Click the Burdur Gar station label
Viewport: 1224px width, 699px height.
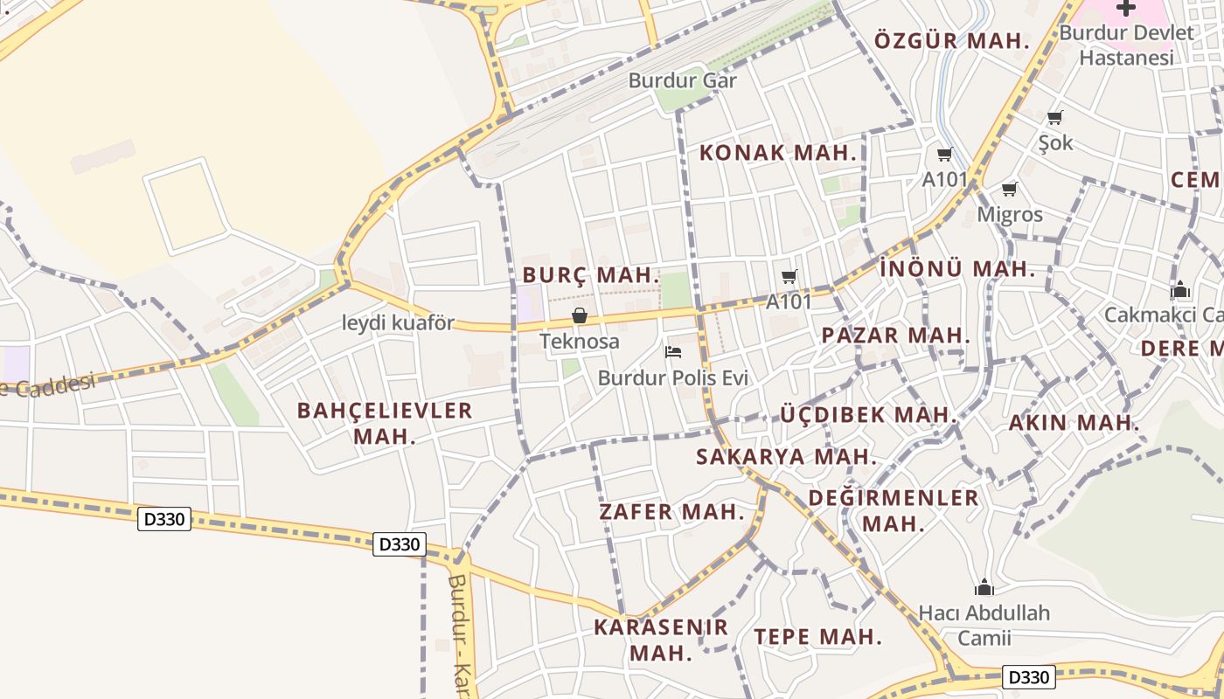coord(683,80)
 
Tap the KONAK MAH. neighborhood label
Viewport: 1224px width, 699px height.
coord(777,153)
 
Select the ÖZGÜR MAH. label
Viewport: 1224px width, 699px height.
coord(951,41)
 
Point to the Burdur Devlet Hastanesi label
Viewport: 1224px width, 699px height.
coord(1126,45)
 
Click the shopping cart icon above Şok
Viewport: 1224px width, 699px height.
coord(1055,117)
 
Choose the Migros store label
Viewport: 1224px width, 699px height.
coord(1010,214)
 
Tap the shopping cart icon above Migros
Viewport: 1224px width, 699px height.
coord(1010,189)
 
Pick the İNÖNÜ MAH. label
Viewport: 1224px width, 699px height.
coord(957,269)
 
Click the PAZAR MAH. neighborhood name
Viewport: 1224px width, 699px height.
coord(896,335)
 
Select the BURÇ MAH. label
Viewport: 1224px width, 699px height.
coord(591,274)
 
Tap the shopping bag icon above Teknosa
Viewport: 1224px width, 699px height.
coord(579,315)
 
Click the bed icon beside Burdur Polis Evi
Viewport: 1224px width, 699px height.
coord(673,352)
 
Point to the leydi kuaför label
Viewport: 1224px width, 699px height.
coord(398,322)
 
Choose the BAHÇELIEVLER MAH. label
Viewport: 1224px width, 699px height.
coord(385,423)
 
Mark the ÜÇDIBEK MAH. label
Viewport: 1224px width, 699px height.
coord(867,414)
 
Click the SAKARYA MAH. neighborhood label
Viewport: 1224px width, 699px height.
coord(786,456)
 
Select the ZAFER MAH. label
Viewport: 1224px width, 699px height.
coord(671,512)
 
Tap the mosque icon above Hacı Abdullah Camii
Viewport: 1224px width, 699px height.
coord(984,587)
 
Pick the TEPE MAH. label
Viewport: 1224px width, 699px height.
coord(817,636)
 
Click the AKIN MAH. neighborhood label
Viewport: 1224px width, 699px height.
coord(1074,423)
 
